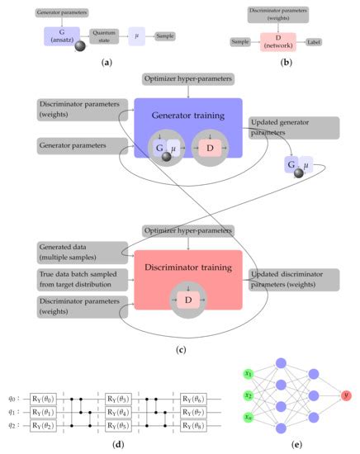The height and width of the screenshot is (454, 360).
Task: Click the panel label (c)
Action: pyautogui.click(x=180, y=349)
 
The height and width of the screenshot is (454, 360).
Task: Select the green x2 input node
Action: pyautogui.click(x=247, y=395)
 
